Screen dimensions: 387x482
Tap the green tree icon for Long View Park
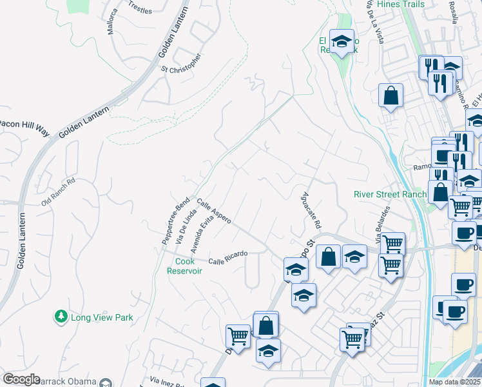[x=61, y=316]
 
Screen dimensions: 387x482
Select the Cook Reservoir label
[x=184, y=266]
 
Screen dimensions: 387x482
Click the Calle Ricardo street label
[x=228, y=257]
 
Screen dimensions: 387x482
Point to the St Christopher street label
[x=181, y=63]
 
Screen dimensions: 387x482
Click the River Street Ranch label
[x=390, y=195]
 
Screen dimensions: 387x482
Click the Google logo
[x=21, y=379]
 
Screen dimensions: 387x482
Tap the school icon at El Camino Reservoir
[x=342, y=41]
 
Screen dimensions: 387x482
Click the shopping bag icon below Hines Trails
[x=390, y=95]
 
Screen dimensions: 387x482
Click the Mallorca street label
[x=113, y=21]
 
